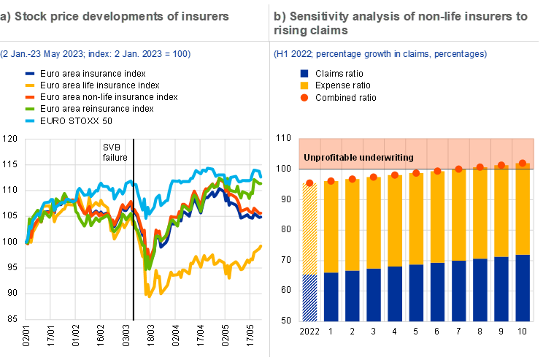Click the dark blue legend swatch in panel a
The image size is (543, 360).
pos(30,74)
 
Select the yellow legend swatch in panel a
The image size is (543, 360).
pos(30,85)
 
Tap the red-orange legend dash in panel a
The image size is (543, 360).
pos(30,97)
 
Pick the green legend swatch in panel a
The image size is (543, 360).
pos(30,109)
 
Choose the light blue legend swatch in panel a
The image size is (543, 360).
pos(30,120)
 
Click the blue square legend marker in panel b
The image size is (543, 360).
pos(304,74)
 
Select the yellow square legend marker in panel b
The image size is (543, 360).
pos(304,85)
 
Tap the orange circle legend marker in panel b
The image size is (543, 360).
pos(304,97)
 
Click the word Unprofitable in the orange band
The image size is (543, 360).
pos(331,157)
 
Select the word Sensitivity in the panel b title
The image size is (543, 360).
pos(315,16)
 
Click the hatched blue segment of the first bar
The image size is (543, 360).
pos(309,297)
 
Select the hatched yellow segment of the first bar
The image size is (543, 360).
pos(309,229)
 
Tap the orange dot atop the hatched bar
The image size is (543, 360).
pos(309,183)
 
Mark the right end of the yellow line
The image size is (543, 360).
pos(261,246)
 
